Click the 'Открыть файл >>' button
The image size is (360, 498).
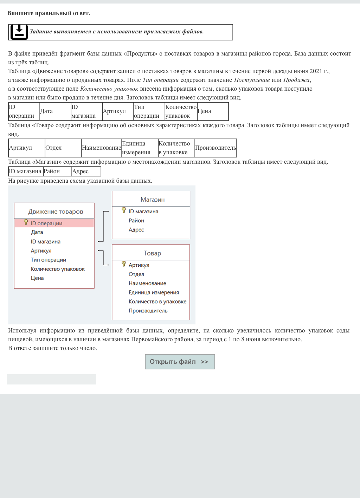pos(180,362)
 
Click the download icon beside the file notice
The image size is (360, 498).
pos(19,32)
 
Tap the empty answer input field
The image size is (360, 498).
pos(52,379)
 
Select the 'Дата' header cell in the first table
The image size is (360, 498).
pos(55,111)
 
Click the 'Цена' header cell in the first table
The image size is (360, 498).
pos(212,111)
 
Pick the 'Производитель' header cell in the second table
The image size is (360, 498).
pos(216,148)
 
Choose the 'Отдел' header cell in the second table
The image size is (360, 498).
pos(63,148)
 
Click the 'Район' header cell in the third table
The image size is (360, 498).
pos(57,172)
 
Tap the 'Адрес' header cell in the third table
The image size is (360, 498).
pos(86,172)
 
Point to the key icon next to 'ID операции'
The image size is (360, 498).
pos(26,222)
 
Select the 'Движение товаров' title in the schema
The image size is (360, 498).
pos(56,212)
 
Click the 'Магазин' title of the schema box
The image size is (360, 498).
pos(153,200)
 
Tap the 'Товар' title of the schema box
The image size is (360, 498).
pos(152,253)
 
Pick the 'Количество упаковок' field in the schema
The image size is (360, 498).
pos(58,269)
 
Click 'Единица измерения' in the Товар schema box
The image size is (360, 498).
pos(154,292)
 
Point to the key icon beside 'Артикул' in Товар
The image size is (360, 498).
pos(124,264)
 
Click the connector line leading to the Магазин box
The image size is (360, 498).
pos(103,227)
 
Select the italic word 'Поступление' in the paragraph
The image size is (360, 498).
pos(252,80)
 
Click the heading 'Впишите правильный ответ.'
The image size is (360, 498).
pos(49,13)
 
